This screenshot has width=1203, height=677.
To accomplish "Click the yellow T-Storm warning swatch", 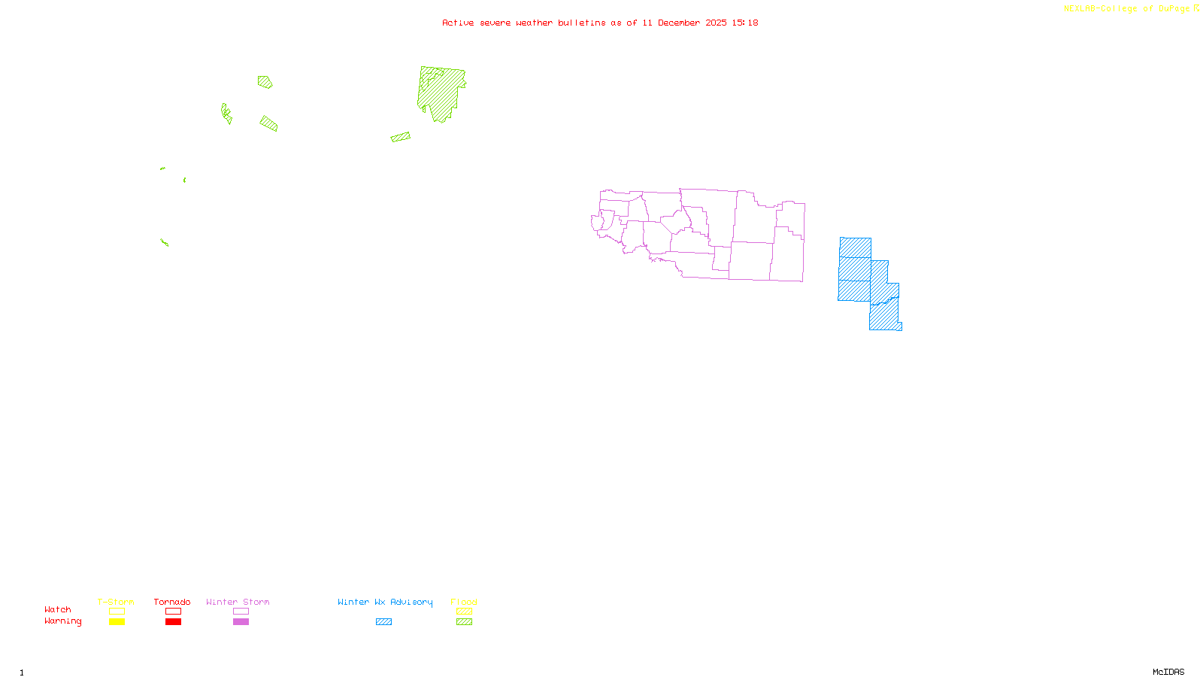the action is tap(117, 622).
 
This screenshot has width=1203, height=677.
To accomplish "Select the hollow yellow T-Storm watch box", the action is tap(117, 612).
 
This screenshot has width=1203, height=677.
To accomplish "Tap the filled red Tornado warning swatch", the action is tap(173, 622).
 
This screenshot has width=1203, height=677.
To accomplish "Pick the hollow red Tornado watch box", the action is tap(173, 612).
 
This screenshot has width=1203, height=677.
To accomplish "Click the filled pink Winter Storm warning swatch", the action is tap(241, 622).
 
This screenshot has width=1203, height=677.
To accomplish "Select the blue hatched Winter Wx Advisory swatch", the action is tap(383, 622).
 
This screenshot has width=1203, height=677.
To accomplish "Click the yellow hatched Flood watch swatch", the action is tap(464, 612).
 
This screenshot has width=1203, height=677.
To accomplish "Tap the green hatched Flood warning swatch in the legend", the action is tap(464, 622).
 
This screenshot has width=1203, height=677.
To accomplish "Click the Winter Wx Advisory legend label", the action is tap(385, 602).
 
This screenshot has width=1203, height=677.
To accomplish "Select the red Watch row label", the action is tap(58, 610).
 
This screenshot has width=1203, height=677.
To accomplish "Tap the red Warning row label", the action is tap(62, 621).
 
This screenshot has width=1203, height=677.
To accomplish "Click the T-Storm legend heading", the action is tap(116, 602).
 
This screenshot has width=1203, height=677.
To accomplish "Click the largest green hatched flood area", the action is tap(441, 93).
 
